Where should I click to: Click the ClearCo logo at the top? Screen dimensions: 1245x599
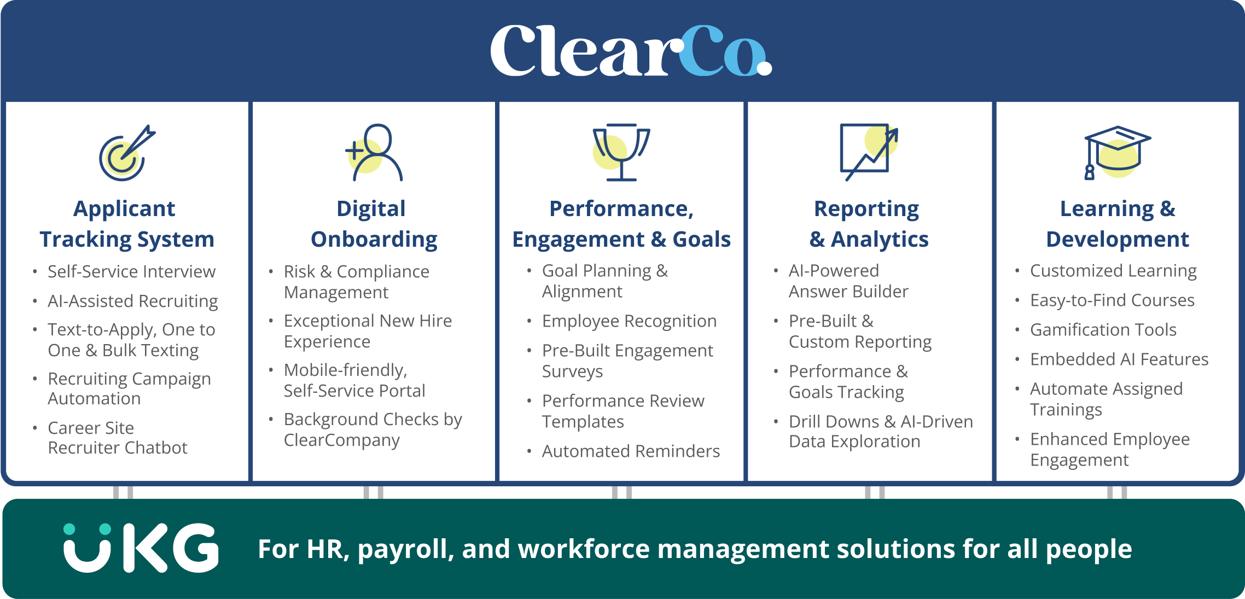point(631,50)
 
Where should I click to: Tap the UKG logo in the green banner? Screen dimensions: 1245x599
point(141,548)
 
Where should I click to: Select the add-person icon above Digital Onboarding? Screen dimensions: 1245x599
point(374,153)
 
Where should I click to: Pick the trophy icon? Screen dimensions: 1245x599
point(621,153)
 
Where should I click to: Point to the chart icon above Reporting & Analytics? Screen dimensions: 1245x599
point(869,153)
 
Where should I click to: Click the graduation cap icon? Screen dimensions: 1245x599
point(1118,153)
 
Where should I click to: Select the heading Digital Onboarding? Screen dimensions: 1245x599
point(374,224)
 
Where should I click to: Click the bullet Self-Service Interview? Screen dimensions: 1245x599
point(131,271)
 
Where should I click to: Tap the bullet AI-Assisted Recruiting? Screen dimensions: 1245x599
point(133,301)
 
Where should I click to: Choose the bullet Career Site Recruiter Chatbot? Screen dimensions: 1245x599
point(118,438)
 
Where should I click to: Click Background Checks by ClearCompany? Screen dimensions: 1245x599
point(373,429)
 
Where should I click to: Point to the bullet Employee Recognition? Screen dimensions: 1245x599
point(629,321)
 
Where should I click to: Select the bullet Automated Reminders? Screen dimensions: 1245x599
point(631,451)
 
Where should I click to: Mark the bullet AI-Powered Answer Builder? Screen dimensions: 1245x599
point(848,281)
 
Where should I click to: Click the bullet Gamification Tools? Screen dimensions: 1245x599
point(1103,330)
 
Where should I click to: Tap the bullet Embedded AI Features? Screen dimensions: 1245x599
point(1119,359)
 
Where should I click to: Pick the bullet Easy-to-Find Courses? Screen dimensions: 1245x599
point(1112,300)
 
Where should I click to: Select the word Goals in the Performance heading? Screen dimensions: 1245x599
point(701,240)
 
